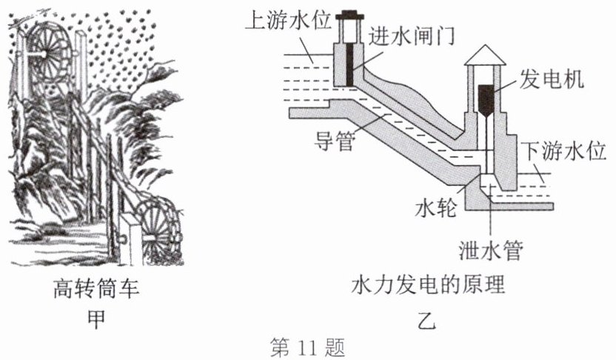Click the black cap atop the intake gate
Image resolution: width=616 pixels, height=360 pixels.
pos(347,16)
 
